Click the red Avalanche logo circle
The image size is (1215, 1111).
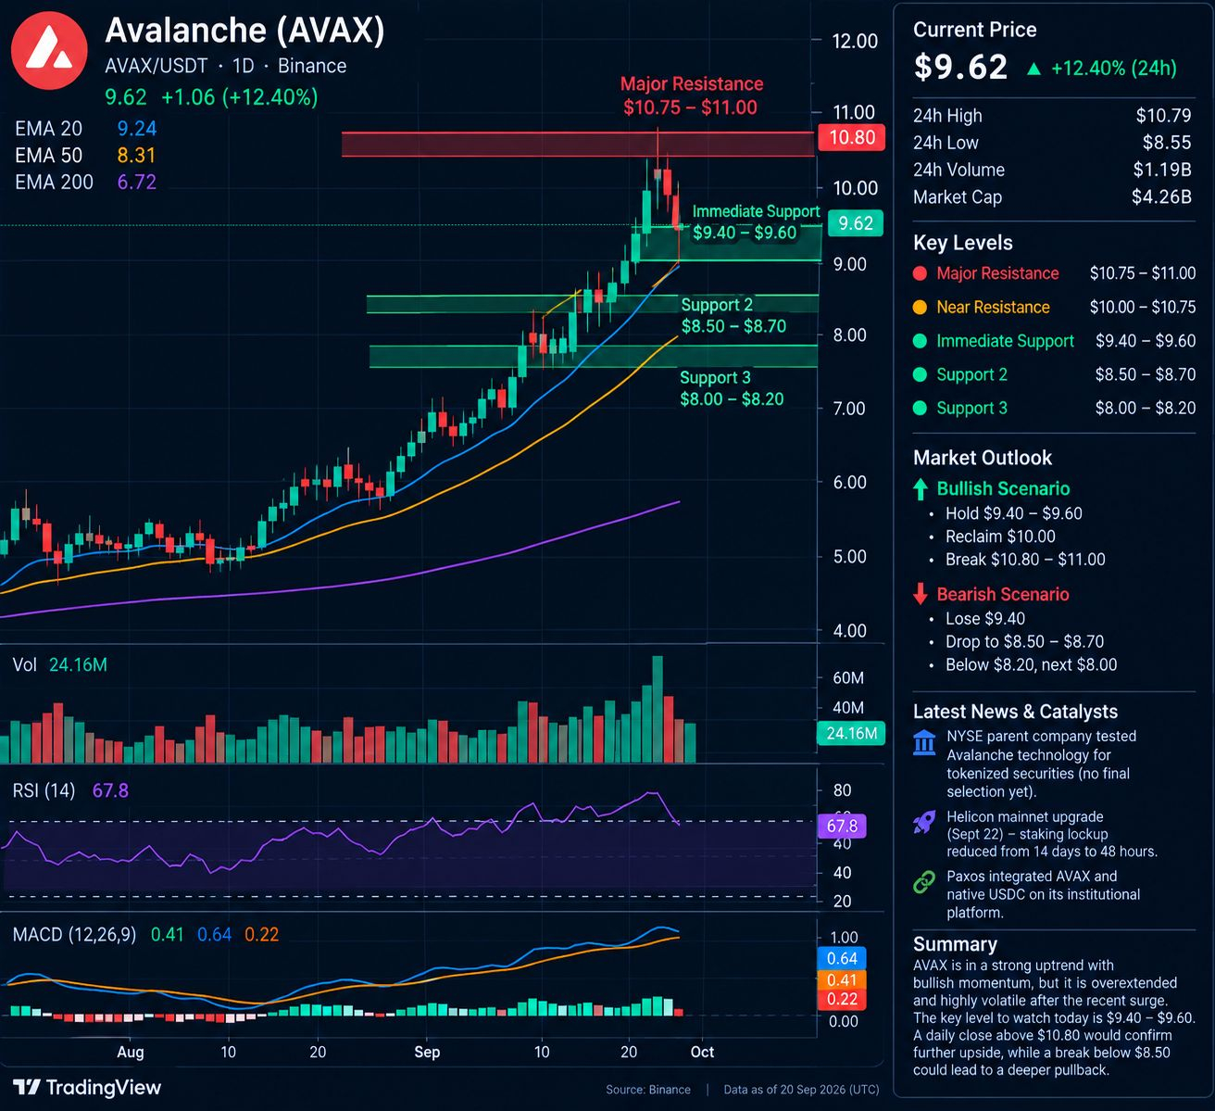point(49,50)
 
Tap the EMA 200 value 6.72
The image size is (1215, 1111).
point(137,182)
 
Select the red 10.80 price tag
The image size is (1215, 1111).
point(851,137)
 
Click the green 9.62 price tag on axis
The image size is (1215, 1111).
point(856,223)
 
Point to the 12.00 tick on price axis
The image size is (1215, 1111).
point(855,41)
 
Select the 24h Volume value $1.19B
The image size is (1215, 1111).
point(1161,170)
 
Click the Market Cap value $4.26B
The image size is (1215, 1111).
point(1161,197)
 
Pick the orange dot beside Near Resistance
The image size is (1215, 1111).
point(920,308)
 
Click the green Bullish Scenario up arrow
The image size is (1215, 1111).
point(920,489)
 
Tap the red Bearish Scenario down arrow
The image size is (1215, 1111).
point(920,594)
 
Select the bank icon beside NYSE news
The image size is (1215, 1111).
point(924,742)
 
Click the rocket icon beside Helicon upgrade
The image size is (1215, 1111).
point(924,822)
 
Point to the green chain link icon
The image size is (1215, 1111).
point(924,882)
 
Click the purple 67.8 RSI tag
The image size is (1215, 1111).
point(842,826)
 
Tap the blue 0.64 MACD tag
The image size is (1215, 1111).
point(842,958)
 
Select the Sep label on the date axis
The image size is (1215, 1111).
point(427,1052)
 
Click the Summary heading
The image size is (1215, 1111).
point(955,944)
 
